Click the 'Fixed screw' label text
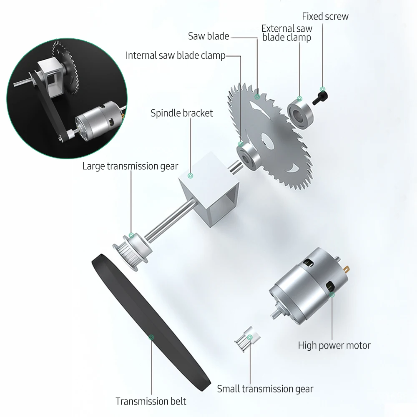point(325,17)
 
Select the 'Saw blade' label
point(208,36)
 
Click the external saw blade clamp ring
point(300,113)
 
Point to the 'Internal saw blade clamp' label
point(176,55)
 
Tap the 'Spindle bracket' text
point(182,113)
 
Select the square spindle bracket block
point(209,189)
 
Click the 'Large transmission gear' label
point(130,166)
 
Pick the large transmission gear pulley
point(132,251)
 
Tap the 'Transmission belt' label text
point(151,401)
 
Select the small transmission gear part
point(247,339)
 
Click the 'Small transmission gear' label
point(265,389)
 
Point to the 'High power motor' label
point(334,345)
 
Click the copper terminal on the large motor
point(346,269)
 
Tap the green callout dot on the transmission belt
point(151,337)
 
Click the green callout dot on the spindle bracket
point(190,176)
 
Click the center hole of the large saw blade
point(267,141)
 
